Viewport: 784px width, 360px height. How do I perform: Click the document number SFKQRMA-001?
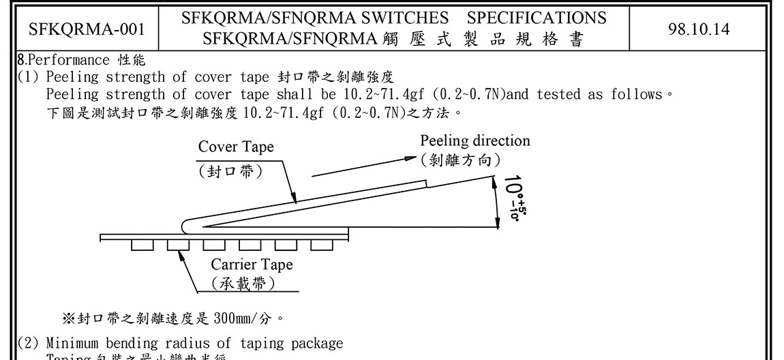86,29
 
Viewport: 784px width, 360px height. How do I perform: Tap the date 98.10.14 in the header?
699,29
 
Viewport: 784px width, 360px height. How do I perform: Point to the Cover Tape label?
236,147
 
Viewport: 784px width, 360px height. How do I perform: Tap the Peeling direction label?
474,141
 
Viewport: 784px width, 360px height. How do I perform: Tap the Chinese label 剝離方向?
461,160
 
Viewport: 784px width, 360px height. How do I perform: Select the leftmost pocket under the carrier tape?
142,245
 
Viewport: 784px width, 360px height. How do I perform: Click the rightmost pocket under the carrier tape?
321,245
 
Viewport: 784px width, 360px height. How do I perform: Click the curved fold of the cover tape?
187,224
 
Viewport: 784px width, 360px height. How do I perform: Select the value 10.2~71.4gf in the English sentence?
380,94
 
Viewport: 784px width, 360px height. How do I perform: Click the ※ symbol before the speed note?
67,318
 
